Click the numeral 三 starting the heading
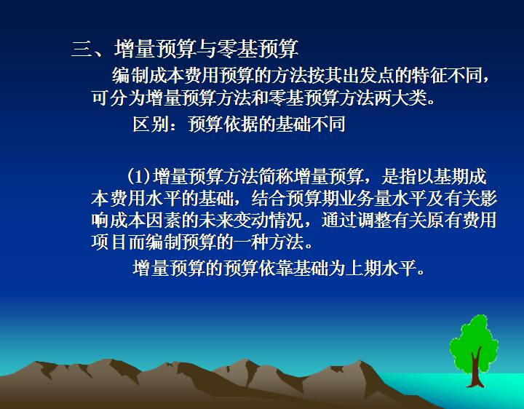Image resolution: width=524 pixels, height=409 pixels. click(82, 49)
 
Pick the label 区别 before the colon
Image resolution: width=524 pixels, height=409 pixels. click(150, 124)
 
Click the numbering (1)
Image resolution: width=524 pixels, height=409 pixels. click(138, 176)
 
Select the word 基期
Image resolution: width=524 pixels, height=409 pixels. click(450, 176)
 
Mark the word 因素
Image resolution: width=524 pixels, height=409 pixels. click(163, 221)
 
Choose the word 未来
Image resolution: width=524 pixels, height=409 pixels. click(215, 221)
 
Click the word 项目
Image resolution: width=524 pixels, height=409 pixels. click(108, 242)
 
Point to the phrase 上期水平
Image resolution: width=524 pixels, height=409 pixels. click(381, 268)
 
